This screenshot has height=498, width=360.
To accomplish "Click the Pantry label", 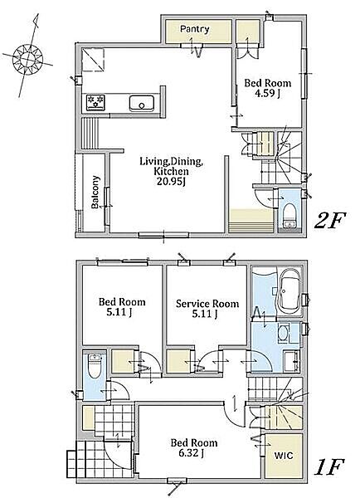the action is pos(195,29).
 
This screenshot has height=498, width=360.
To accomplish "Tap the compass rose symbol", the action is pos(28,59).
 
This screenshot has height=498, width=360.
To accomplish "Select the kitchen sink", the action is pos(142,103).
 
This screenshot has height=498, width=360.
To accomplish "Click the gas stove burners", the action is pos(96,102).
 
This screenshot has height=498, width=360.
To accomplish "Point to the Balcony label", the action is pos(95,192).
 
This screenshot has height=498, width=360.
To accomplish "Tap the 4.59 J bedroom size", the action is pos(268,94).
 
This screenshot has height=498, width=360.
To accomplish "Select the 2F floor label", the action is pos(329,221).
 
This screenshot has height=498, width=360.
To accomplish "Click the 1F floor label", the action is pos(328,468).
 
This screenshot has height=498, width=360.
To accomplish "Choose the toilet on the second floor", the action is pos(289,214).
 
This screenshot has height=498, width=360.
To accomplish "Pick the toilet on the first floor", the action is pos(95,366).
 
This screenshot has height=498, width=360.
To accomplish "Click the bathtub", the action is pos(289,292).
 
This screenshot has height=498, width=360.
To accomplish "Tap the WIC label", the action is pos(284,456).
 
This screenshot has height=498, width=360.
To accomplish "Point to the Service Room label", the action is pos(207,304).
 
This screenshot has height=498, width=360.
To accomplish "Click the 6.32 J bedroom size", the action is pos(194,453).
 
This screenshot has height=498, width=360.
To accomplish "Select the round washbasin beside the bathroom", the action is pos(283,333).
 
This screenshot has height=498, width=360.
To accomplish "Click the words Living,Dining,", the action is pos(172,162).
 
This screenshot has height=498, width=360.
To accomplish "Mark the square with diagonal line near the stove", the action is pos(93,61).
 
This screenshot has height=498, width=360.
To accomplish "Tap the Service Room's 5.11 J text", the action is pos(205,314).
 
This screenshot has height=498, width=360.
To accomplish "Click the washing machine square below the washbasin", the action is pos(291,361).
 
